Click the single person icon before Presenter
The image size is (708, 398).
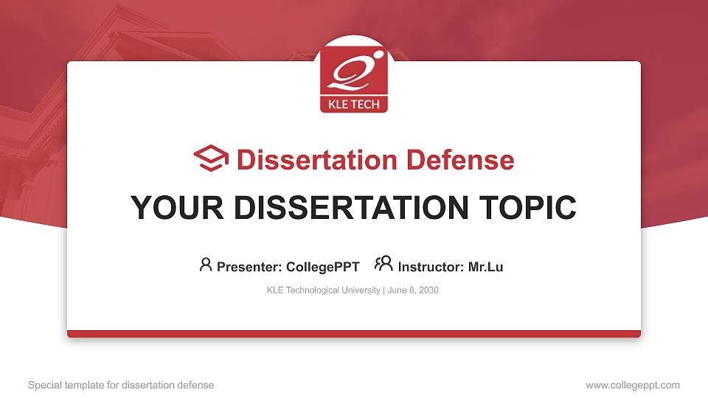tap(206, 265)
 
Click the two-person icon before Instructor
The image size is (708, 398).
tap(383, 265)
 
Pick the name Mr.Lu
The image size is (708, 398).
tap(485, 267)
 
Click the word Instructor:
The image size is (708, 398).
tap(431, 267)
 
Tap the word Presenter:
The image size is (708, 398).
tap(248, 267)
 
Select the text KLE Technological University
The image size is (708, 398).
tap(323, 290)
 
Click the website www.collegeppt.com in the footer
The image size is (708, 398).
tap(632, 385)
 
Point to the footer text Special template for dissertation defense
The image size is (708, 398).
tap(120, 385)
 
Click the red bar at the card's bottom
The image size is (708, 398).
tap(354, 334)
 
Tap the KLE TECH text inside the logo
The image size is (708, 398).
tap(353, 104)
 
